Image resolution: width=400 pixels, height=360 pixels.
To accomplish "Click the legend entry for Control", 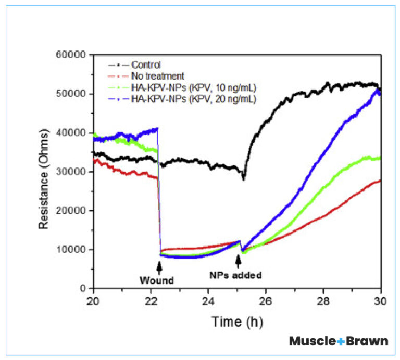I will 146,65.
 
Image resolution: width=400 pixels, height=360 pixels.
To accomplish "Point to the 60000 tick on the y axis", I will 72,55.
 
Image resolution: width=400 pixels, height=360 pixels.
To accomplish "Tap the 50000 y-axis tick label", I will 72,94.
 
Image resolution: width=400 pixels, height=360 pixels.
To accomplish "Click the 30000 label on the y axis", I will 72,172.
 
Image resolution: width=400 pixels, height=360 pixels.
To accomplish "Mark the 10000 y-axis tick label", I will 72,249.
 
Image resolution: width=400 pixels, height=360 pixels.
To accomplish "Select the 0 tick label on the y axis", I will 83,288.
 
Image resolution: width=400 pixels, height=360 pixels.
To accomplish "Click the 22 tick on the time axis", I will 151,300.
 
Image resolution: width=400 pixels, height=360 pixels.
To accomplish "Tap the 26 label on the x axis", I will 266,300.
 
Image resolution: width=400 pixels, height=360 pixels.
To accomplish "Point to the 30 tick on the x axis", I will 381,300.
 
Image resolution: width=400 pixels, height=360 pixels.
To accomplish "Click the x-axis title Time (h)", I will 236,322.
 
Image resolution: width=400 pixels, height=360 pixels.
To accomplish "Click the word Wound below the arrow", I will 156,280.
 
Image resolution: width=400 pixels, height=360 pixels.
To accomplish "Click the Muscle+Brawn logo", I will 339,341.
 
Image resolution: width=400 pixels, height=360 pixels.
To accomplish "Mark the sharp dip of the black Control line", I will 243,178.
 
